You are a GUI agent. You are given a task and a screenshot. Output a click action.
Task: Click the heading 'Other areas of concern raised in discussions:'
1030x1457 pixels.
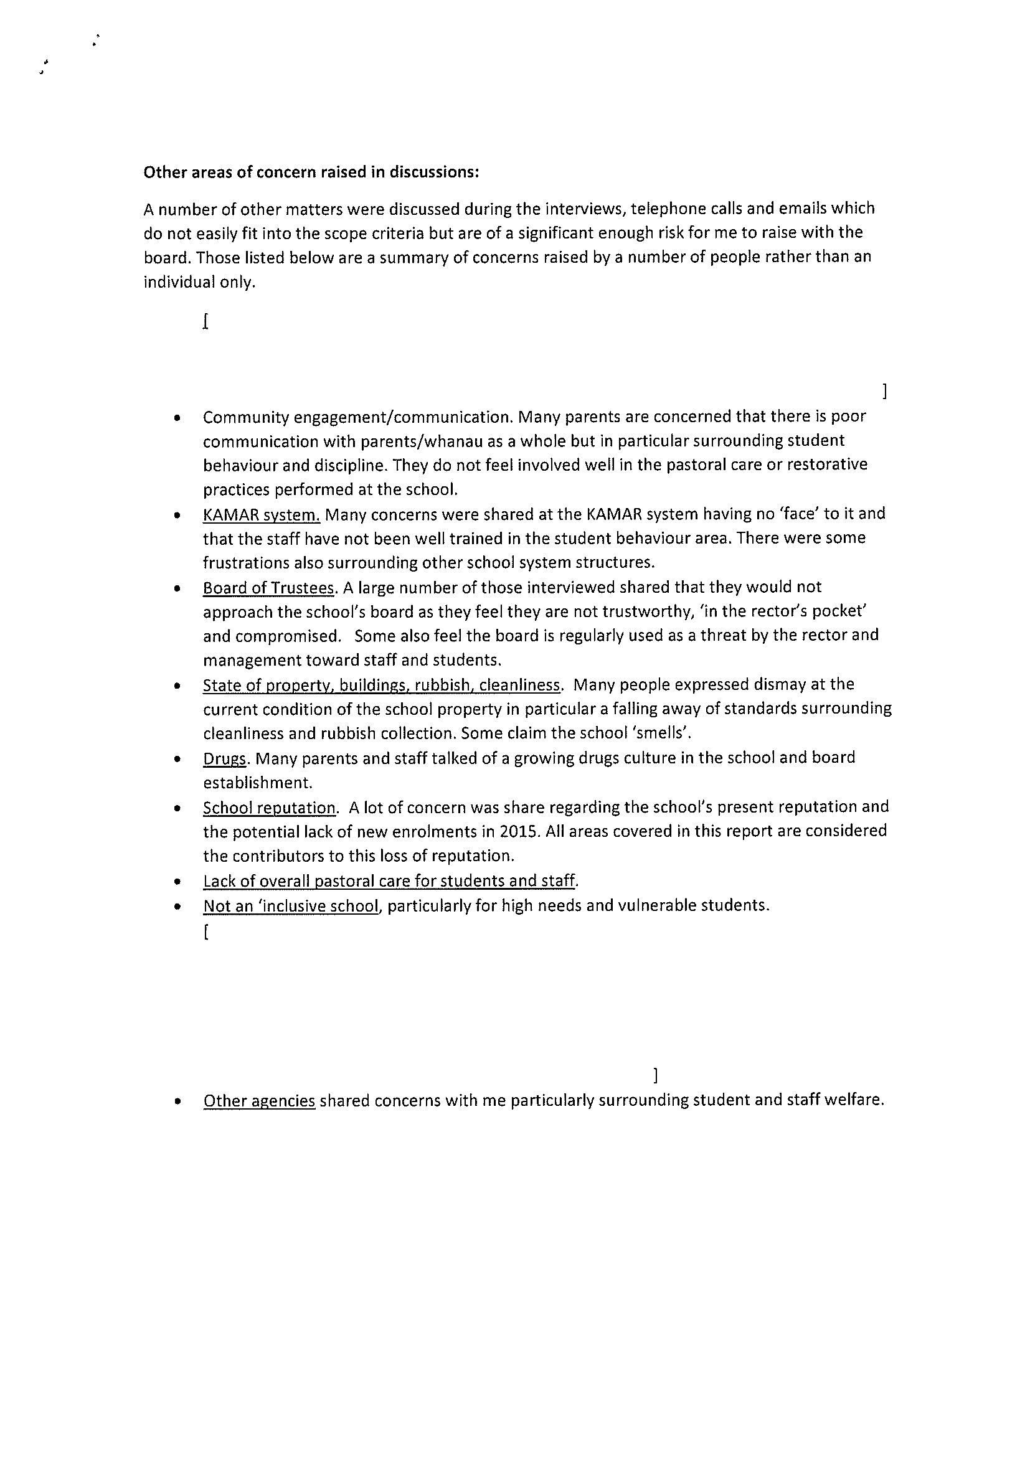(x=310, y=172)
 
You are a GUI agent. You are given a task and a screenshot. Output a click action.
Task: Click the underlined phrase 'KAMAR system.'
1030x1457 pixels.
(x=261, y=515)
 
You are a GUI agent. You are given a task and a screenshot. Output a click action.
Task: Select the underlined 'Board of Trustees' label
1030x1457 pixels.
(x=268, y=588)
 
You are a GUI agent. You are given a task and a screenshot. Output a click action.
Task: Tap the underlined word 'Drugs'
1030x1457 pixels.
(x=224, y=758)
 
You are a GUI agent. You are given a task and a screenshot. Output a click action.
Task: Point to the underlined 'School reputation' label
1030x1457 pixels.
(x=269, y=808)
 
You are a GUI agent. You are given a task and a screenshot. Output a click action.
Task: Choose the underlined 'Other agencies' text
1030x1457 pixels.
(x=259, y=1100)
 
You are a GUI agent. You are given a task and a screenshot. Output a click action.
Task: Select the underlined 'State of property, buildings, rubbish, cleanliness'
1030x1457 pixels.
(x=381, y=686)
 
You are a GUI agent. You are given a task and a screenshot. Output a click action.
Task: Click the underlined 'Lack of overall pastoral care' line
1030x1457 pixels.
(x=390, y=881)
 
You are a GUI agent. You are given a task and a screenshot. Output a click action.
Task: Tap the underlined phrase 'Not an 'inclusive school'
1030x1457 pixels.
(x=291, y=905)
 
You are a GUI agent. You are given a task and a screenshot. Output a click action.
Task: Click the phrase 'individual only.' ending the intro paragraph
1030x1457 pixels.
(x=199, y=283)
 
